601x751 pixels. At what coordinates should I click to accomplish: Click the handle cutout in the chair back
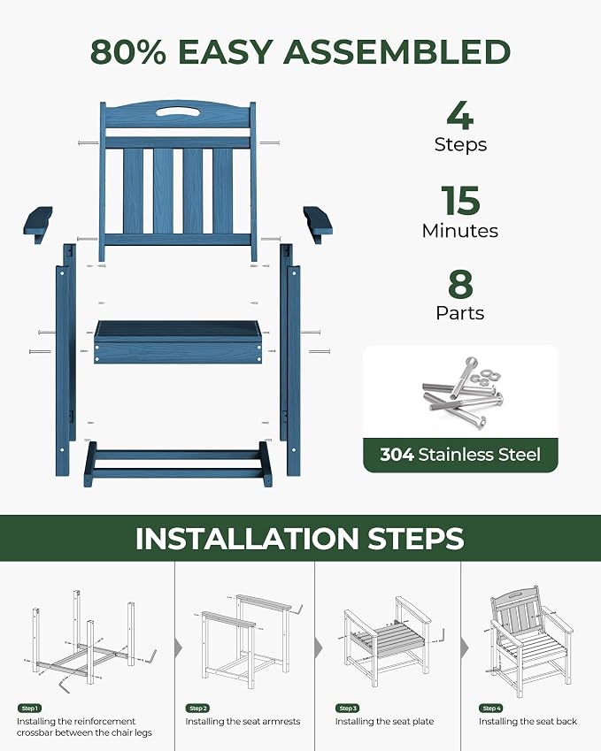[178, 111]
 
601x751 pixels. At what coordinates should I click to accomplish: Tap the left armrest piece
[38, 223]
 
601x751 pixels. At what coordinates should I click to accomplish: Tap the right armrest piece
[318, 223]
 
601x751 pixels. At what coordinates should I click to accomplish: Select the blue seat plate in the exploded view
[178, 342]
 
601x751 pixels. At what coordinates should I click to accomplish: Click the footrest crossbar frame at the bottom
[178, 464]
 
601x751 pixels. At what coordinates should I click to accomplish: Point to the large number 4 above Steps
[460, 115]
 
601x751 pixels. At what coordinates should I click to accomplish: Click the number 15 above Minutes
[460, 201]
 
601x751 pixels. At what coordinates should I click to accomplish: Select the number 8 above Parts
[460, 284]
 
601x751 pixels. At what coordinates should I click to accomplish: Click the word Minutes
[460, 231]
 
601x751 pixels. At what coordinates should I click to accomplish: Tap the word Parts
[460, 313]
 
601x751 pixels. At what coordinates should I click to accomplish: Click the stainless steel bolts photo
[461, 393]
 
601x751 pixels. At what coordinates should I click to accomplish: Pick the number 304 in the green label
[397, 455]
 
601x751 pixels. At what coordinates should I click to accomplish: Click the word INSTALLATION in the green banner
[247, 539]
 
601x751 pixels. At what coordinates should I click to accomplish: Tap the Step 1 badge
[29, 709]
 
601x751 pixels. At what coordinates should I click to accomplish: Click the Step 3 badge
[348, 709]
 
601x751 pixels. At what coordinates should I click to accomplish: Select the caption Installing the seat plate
[384, 721]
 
